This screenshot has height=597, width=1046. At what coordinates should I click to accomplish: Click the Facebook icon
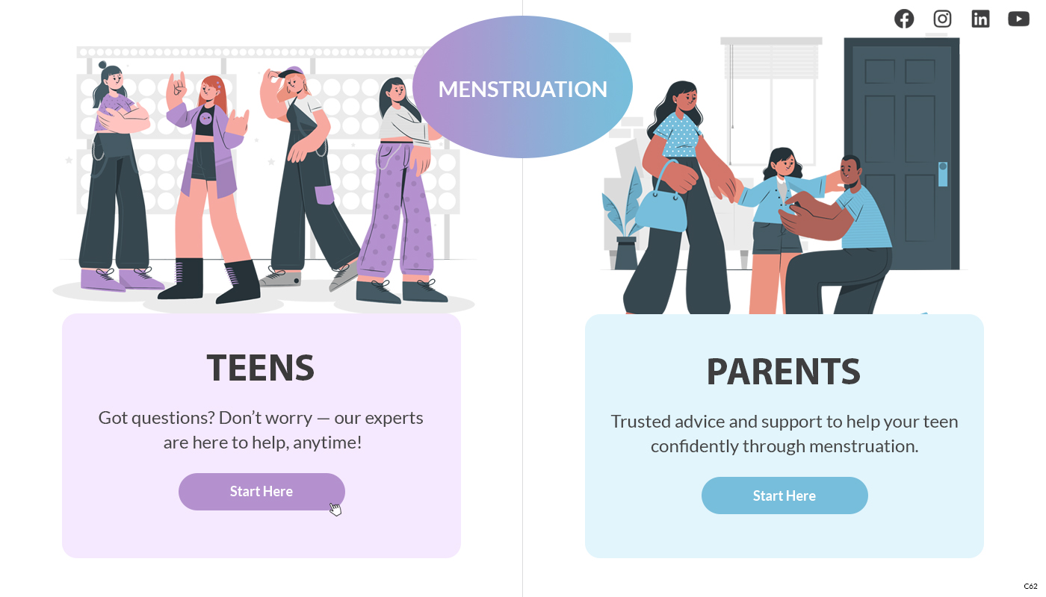[904, 19]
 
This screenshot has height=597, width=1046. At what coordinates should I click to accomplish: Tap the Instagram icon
[942, 19]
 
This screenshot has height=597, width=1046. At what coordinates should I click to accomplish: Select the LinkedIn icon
[980, 19]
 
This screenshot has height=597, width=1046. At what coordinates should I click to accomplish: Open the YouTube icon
[1018, 19]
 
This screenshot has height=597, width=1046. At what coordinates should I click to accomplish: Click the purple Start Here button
[261, 492]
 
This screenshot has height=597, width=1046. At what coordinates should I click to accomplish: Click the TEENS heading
[261, 368]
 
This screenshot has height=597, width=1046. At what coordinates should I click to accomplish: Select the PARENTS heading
[784, 372]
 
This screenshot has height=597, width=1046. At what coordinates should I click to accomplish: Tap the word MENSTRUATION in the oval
[522, 89]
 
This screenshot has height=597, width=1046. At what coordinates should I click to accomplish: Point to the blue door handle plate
[943, 174]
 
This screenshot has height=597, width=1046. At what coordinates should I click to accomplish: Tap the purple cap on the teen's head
[291, 73]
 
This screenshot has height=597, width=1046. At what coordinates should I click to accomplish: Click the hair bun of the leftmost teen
[102, 65]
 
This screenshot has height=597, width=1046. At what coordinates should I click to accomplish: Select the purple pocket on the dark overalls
[324, 195]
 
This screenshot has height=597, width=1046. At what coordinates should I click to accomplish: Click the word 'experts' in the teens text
[394, 419]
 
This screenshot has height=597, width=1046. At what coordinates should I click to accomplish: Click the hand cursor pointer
[335, 509]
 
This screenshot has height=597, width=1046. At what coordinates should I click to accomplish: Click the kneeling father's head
[851, 171]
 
